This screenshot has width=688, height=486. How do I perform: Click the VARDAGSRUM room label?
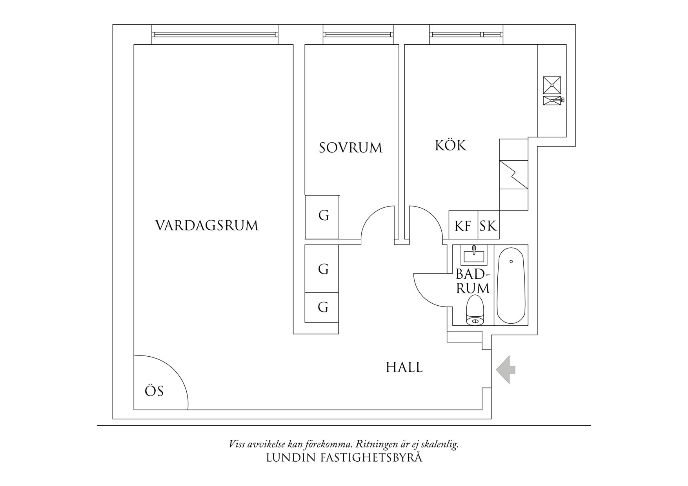pos(207,226)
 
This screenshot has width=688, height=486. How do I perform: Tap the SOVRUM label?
pos(350,148)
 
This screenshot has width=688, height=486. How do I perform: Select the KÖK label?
pos(451,145)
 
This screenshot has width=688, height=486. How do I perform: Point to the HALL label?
pos(404,368)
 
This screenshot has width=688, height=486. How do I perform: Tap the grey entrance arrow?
pos(506,369)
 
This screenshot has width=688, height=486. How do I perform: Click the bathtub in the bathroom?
pos(511,285)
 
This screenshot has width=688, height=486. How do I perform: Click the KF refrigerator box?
pos(463,226)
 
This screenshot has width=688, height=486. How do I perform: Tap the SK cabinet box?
pos(488,226)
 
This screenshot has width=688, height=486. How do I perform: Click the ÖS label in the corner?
pos(154,391)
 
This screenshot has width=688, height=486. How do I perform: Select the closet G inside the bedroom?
pos(323,216)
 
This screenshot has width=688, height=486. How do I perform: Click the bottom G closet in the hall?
pos(323,307)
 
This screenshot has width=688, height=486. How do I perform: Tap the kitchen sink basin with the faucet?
pos(552,100)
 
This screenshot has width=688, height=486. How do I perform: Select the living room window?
pos(215,34)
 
